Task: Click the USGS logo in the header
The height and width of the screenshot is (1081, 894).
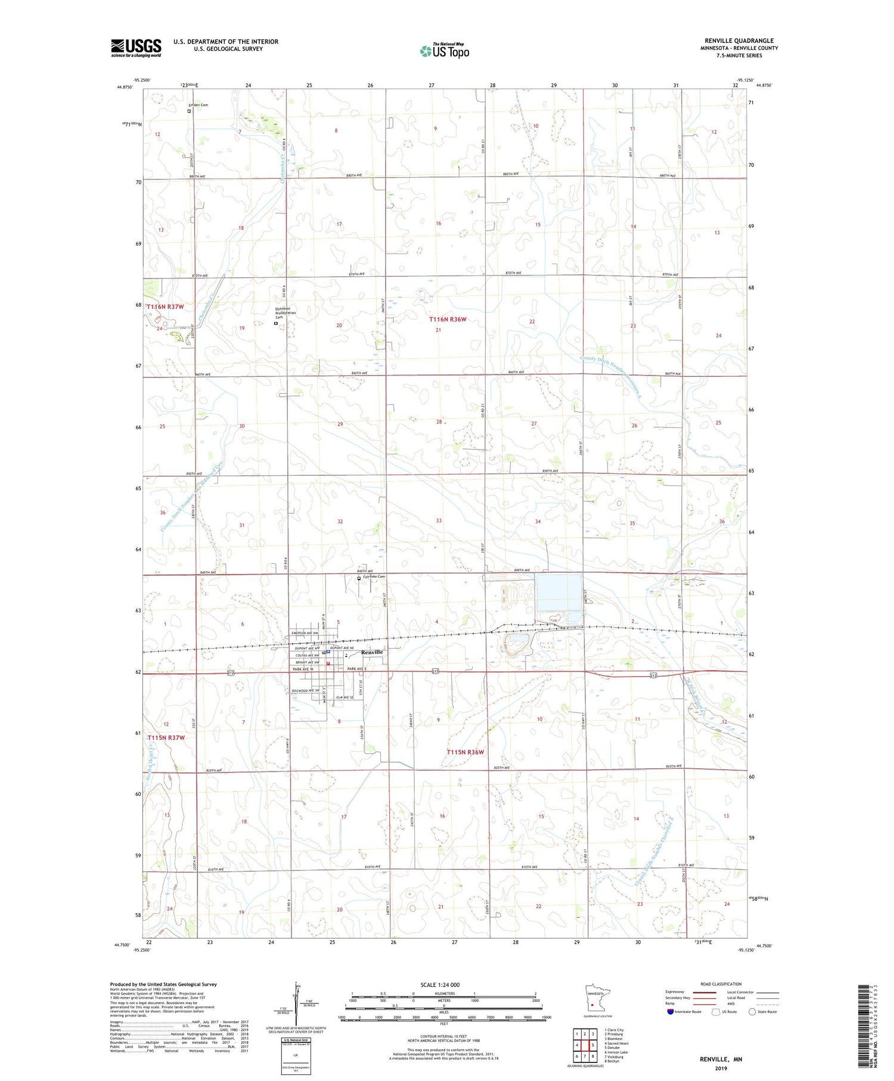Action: tap(136, 48)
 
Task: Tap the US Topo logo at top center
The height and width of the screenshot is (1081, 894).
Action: tap(444, 51)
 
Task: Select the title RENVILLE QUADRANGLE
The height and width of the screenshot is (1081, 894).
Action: tap(739, 41)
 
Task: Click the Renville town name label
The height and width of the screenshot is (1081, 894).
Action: tap(372, 652)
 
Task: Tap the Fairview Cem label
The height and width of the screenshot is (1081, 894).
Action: tap(374, 577)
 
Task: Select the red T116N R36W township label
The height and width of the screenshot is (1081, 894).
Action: tap(448, 320)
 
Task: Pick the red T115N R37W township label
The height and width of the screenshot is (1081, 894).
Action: tap(166, 738)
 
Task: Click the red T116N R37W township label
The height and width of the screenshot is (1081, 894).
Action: tap(166, 306)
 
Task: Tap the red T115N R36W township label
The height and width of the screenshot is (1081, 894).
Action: tap(465, 752)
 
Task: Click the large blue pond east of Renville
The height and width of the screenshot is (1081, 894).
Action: tap(558, 596)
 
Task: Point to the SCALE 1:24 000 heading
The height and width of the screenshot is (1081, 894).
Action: tap(440, 984)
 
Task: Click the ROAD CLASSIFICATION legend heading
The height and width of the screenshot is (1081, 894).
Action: tap(721, 984)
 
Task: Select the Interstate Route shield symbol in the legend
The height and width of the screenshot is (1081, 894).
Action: tap(670, 1012)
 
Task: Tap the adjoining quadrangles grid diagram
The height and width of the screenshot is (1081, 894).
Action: tap(585, 1045)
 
